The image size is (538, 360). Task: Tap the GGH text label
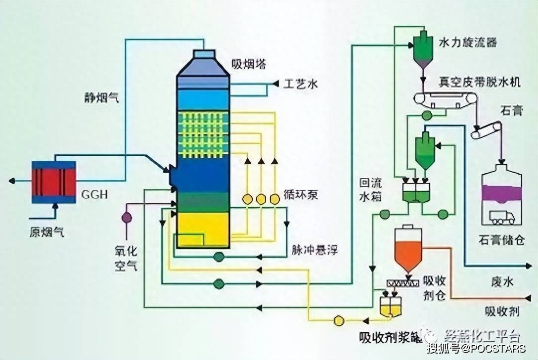(x=93, y=194)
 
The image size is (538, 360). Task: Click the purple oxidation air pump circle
(x=127, y=217)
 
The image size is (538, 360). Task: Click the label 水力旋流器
(x=468, y=42)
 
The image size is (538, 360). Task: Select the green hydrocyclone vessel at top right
(x=423, y=50)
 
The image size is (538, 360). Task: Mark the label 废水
(x=502, y=282)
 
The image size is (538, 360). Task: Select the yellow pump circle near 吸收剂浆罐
(x=339, y=320)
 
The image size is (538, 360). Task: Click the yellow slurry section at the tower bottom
(x=203, y=229)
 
